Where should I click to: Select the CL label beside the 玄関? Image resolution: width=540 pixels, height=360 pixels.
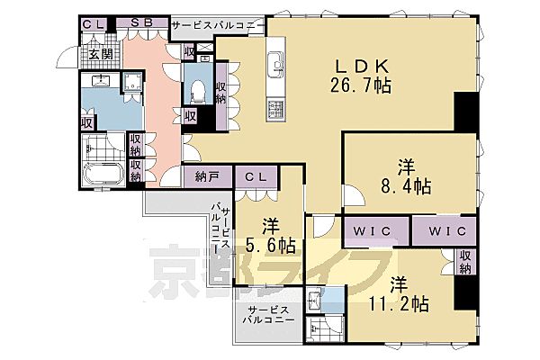coord(93,24)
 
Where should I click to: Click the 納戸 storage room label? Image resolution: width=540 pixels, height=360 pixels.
coord(207,177)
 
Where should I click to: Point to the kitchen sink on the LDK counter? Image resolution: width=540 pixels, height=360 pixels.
coord(275,66)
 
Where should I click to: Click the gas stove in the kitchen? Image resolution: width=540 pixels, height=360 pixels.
coord(274,110)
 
